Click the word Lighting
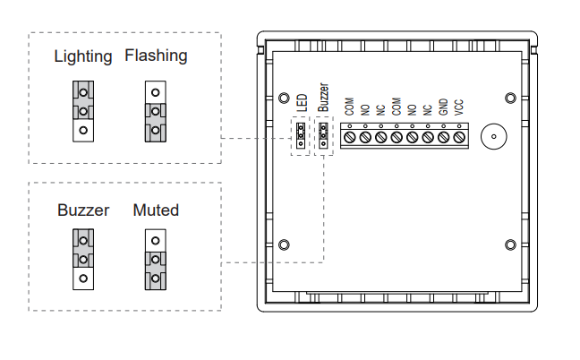pos(83,56)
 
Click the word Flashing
pos(157,56)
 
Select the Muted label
pos(156,210)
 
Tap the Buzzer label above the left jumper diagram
pos(83,210)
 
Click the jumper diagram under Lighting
pos(83,111)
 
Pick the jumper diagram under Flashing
pos(155,111)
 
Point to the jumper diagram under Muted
pos(155,260)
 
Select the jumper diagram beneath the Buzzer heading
pos(83,260)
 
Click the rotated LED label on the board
pos(302,104)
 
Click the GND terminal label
pos(443,108)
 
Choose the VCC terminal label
pos(458,108)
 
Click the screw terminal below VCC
pos(459,137)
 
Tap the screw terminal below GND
pos(443,137)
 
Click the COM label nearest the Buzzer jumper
pos(349,107)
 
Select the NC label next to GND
pos(427,109)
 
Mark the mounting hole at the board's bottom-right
pos(509,244)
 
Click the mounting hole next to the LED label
pos(284,98)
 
